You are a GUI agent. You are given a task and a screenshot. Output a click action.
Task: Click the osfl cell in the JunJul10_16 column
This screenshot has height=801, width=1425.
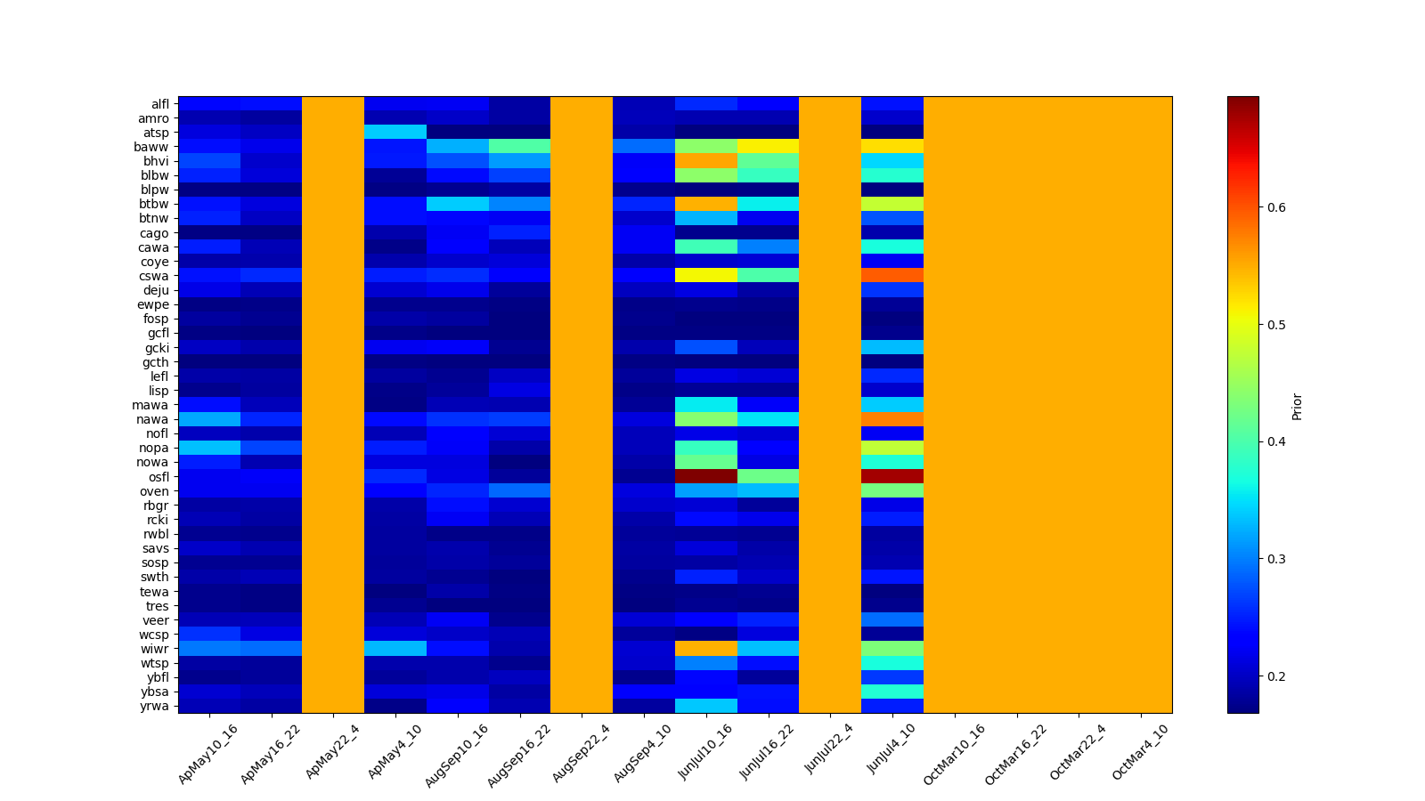pyautogui.click(x=706, y=476)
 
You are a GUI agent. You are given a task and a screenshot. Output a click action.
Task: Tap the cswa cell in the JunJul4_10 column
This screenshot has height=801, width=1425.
pyautogui.click(x=892, y=276)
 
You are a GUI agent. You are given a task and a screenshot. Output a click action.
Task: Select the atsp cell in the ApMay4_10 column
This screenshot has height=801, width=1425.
pyautogui.click(x=395, y=133)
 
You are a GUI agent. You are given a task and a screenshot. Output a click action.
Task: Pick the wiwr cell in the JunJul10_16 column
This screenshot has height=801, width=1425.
pyautogui.click(x=706, y=649)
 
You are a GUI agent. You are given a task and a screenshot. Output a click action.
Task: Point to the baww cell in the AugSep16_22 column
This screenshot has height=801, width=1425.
pyautogui.click(x=519, y=147)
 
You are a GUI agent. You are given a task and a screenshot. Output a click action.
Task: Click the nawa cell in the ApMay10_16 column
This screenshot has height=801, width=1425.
pyautogui.click(x=209, y=419)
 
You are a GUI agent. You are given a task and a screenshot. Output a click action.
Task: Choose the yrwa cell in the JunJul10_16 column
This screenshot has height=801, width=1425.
pyautogui.click(x=706, y=706)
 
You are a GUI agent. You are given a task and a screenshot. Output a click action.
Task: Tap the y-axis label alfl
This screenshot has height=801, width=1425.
pyautogui.click(x=159, y=104)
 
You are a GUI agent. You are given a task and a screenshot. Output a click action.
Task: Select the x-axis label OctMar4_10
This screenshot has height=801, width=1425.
pyautogui.click(x=1140, y=753)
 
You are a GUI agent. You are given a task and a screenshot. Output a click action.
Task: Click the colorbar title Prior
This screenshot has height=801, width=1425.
pyautogui.click(x=1297, y=406)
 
